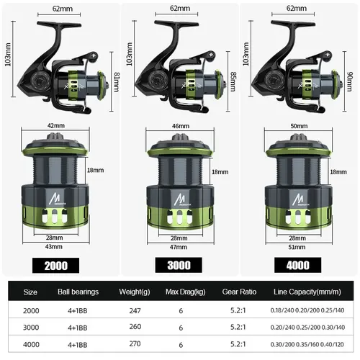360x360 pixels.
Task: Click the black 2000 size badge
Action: coord(55,265)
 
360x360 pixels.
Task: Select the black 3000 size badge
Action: coord(179,265)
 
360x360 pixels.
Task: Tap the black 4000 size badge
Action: coord(299,264)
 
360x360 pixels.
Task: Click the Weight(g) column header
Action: coord(135,293)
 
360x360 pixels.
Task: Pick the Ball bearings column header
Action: coord(78,293)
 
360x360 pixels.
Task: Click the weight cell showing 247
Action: coord(135,310)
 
